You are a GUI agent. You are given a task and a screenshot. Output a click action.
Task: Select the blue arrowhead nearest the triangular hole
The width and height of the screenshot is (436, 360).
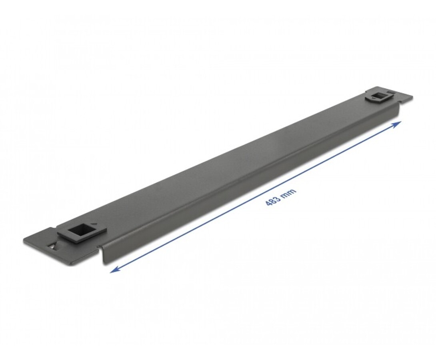114,269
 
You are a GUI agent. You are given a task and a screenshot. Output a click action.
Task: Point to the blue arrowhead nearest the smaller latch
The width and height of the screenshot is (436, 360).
397,124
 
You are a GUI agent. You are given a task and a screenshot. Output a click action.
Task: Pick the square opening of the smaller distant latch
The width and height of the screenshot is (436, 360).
379,96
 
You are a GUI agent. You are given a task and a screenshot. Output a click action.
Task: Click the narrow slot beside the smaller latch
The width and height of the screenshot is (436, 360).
392,92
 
